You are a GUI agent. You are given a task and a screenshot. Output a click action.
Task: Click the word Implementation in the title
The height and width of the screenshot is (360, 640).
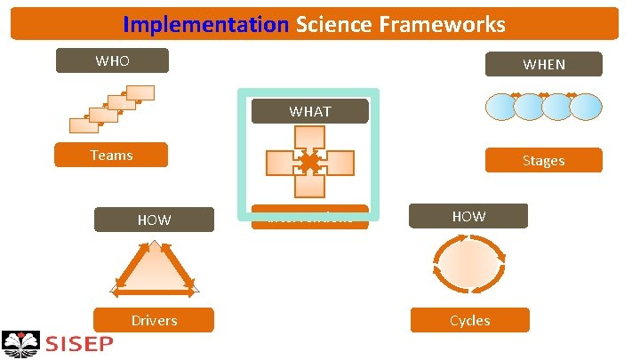pyautogui.click(x=206, y=24)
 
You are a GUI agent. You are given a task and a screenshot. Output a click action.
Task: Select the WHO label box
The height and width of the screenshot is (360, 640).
pyautogui.click(x=111, y=61)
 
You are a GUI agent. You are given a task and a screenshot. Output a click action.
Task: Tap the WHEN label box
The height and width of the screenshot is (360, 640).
pyautogui.click(x=543, y=64)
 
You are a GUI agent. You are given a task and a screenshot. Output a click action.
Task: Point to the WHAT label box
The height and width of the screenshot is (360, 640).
pyautogui.click(x=309, y=111)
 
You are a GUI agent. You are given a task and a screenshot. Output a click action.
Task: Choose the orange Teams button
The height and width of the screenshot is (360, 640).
pyautogui.click(x=111, y=156)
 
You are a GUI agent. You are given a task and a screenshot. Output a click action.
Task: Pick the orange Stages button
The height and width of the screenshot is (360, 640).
pyautogui.click(x=543, y=161)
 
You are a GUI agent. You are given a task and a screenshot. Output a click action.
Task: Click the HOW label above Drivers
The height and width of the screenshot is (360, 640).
pyautogui.click(x=154, y=220)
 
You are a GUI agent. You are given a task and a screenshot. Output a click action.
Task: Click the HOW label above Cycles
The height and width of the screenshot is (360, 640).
pyautogui.click(x=468, y=216)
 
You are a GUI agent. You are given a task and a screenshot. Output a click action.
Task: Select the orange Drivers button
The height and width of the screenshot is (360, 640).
pyautogui.click(x=154, y=320)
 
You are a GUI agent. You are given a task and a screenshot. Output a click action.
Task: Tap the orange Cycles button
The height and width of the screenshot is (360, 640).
pyautogui.click(x=469, y=320)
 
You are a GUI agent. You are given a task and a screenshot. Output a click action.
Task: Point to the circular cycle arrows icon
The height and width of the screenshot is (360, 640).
pyautogui.click(x=468, y=265)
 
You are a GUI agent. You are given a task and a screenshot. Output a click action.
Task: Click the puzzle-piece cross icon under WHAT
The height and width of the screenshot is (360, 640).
pyautogui.click(x=309, y=162)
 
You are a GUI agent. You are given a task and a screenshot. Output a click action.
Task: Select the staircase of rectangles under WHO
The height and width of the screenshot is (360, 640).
pyautogui.click(x=114, y=108)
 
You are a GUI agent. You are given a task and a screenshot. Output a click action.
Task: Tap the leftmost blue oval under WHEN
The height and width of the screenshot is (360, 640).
pyautogui.click(x=500, y=108)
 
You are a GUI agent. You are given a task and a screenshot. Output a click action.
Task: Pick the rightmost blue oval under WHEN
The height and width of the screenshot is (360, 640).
pyautogui.click(x=586, y=108)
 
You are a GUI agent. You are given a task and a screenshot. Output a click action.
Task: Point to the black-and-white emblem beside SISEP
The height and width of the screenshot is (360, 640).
pyautogui.click(x=21, y=343)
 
